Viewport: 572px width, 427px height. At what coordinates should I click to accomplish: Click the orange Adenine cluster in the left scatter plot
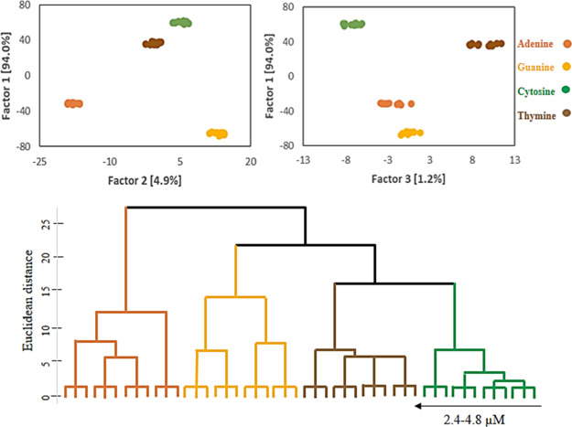click(73, 103)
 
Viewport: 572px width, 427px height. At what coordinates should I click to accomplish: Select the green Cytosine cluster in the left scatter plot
click(180, 22)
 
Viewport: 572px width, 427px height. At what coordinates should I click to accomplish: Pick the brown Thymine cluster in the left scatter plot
click(153, 43)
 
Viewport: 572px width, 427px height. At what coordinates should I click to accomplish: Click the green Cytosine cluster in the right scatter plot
click(352, 24)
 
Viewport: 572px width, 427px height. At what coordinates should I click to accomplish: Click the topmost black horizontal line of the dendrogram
click(215, 208)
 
